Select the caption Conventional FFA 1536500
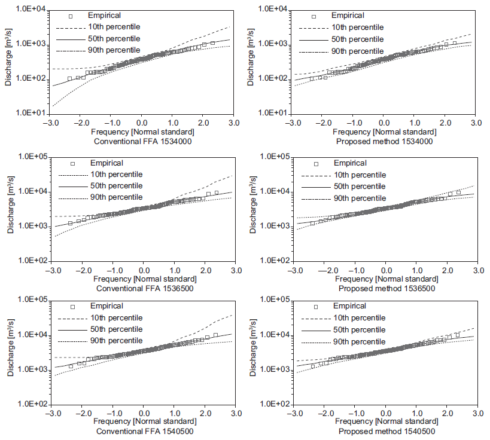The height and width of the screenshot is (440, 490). (x=143, y=288)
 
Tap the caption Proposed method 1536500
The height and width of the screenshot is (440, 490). (x=386, y=288)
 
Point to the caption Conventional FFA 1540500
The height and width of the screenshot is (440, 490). (x=143, y=431)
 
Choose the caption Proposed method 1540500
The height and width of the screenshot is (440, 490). (x=386, y=431)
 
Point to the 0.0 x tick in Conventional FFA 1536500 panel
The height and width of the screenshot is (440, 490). (x=143, y=270)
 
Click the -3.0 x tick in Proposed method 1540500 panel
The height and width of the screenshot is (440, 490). (x=294, y=413)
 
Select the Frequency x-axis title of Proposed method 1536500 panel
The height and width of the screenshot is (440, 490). (x=386, y=279)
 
